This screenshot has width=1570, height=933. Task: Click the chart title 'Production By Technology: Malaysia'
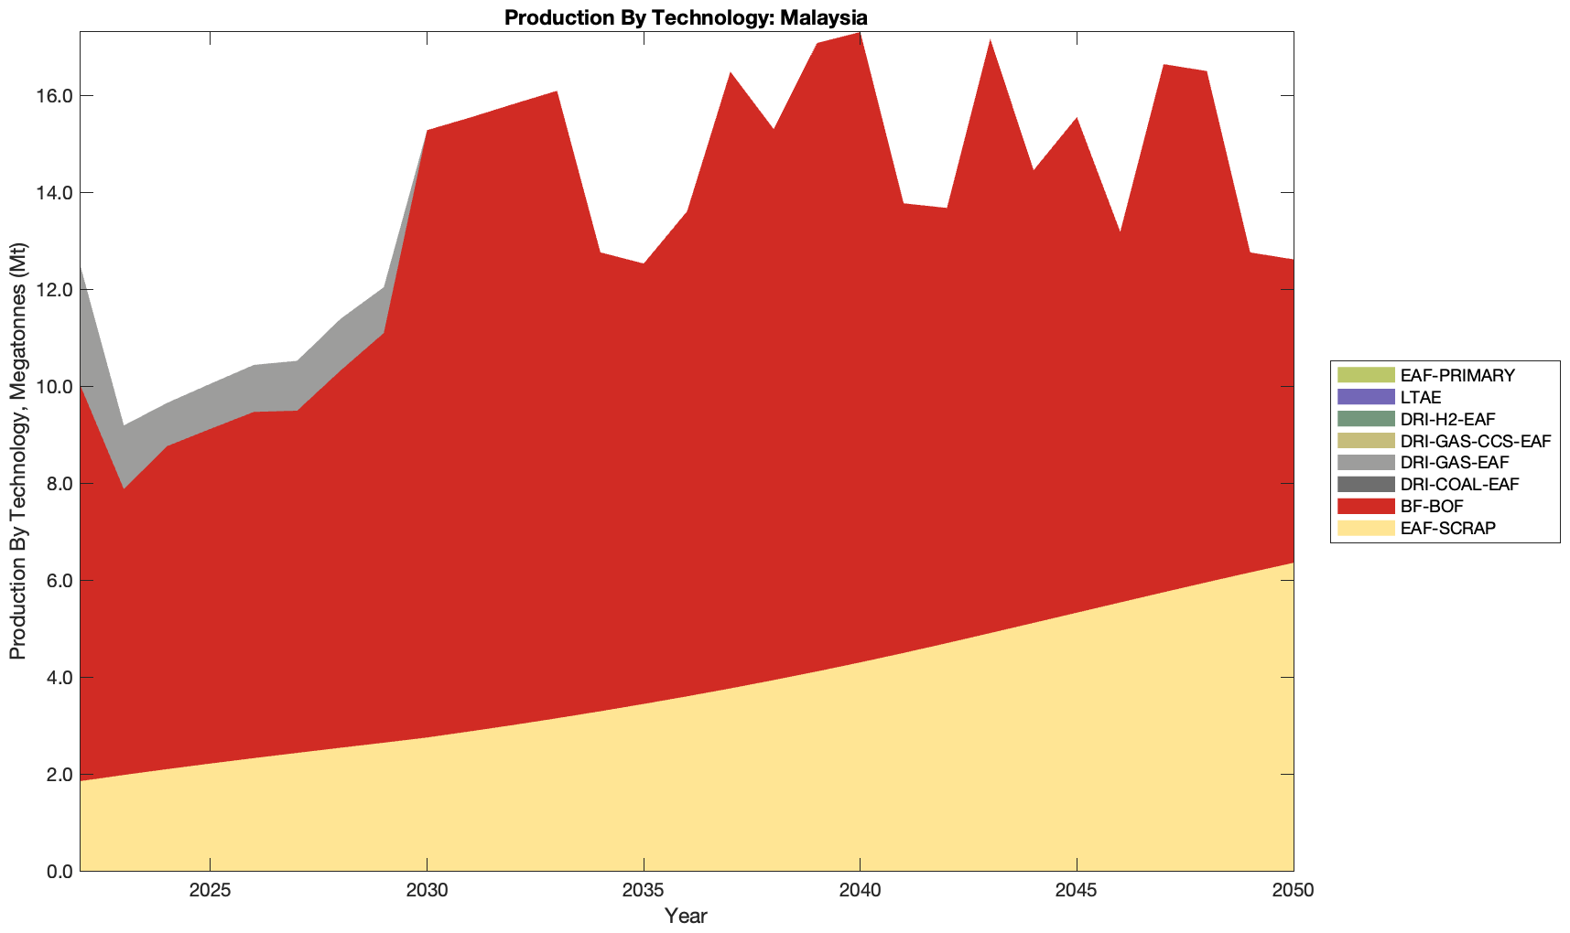click(x=686, y=16)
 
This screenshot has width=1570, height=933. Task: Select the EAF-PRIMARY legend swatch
click(x=1365, y=375)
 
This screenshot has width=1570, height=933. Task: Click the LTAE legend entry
click(x=1421, y=397)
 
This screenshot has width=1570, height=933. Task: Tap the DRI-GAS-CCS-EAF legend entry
click(x=1475, y=441)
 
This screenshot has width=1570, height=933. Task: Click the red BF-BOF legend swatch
click(x=1365, y=506)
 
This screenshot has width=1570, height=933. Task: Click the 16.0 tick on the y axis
click(x=56, y=96)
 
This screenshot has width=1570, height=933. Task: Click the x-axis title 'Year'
click(x=686, y=916)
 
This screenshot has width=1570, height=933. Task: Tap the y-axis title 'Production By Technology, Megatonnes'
click(x=17, y=451)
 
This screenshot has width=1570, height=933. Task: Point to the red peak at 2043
click(x=991, y=42)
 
